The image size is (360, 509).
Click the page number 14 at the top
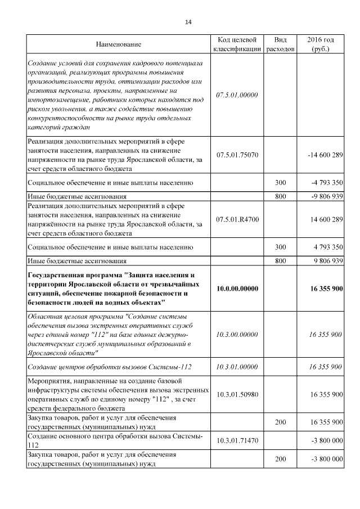[188, 22]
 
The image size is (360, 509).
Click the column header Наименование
[118, 44]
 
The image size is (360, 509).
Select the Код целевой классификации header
[237, 44]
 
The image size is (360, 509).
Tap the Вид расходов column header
[280, 44]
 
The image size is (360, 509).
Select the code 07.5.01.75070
[237, 154]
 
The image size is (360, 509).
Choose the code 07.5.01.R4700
[237, 218]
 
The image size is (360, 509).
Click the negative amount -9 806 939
[326, 197]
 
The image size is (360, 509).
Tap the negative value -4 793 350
[326, 183]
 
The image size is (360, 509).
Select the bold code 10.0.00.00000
[237, 289]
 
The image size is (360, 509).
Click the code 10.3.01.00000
[237, 367]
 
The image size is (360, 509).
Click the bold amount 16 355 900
[326, 289]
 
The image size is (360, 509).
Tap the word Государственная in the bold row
[56, 275]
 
